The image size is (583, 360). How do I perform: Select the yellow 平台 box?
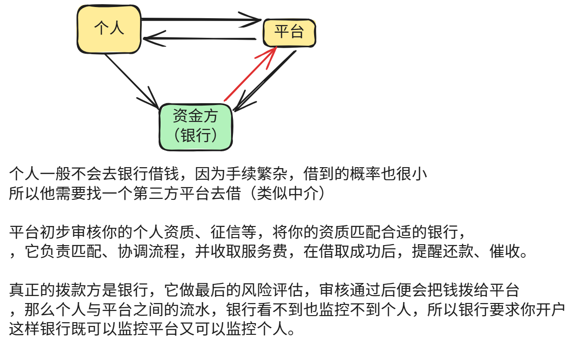(x=289, y=32)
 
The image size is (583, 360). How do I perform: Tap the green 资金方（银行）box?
(x=196, y=126)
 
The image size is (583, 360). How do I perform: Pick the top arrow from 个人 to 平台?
(x=201, y=20)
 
